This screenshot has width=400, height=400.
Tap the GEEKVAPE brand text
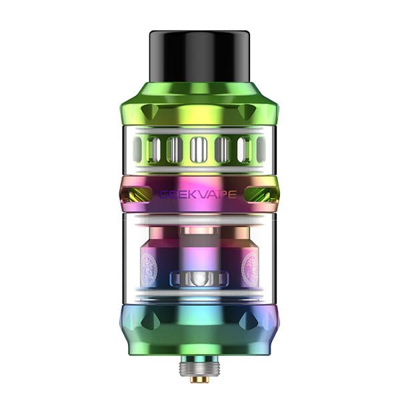pos(199,194)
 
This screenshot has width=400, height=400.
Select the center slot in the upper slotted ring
pos(199,150)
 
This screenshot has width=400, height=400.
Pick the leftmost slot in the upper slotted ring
pos(139,150)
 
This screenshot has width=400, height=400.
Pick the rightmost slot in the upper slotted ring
pos(261,150)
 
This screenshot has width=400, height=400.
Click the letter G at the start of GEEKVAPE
pos(163,194)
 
